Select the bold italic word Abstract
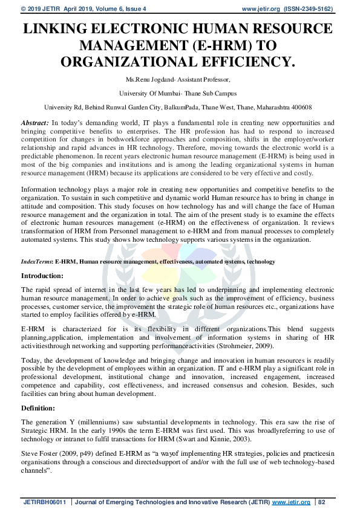(x=34, y=122)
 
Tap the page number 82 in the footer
(x=322, y=502)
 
